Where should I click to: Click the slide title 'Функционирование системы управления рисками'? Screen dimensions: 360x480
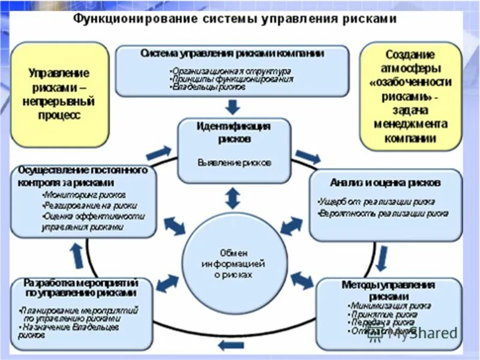coord(235,19)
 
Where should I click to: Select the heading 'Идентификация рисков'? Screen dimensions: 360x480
coord(233,132)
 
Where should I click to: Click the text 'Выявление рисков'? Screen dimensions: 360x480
coord(233,162)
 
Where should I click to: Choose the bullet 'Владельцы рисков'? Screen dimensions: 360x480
coord(208,86)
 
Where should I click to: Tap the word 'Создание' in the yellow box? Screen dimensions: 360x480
coord(410,55)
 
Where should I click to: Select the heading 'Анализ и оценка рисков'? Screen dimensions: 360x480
coord(386,181)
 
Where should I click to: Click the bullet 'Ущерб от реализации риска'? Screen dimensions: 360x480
coord(376,202)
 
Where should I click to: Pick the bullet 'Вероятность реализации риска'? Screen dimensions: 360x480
coord(383,213)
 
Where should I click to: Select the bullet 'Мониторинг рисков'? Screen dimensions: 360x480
coord(84,195)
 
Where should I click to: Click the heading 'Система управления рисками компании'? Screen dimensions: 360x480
coord(232,53)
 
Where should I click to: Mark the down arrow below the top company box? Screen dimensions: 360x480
coord(233,107)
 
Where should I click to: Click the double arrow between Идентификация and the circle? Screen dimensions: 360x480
coord(233,197)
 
